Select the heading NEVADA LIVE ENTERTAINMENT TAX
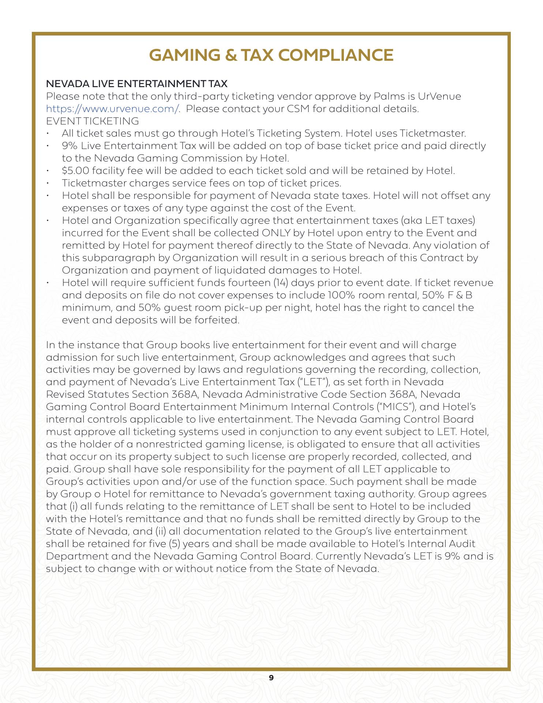pos(136,84)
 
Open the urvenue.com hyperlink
pos(113,109)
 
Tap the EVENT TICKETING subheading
pos(93,121)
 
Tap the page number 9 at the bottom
pos(271,677)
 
